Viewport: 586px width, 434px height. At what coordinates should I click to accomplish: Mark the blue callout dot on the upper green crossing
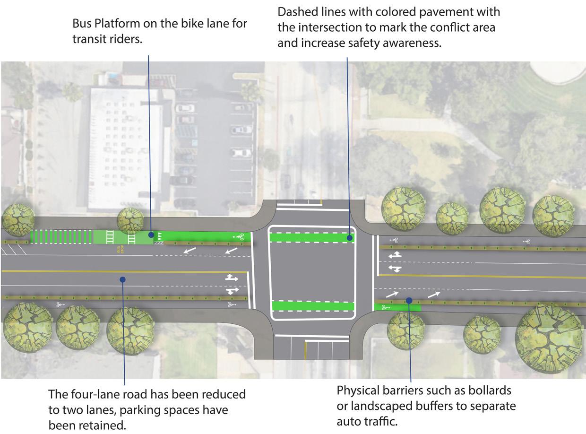point(350,238)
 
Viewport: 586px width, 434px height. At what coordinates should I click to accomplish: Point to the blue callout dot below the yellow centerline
point(122,279)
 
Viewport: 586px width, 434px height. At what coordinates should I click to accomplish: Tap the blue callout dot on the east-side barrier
point(409,300)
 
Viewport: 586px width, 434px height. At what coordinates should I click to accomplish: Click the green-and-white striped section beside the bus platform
point(61,236)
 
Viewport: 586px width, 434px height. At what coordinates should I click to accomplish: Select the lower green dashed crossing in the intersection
point(313,306)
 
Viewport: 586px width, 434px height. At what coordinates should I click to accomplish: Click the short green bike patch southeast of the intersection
point(397,307)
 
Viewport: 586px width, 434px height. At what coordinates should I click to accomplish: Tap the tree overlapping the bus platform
point(130,220)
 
